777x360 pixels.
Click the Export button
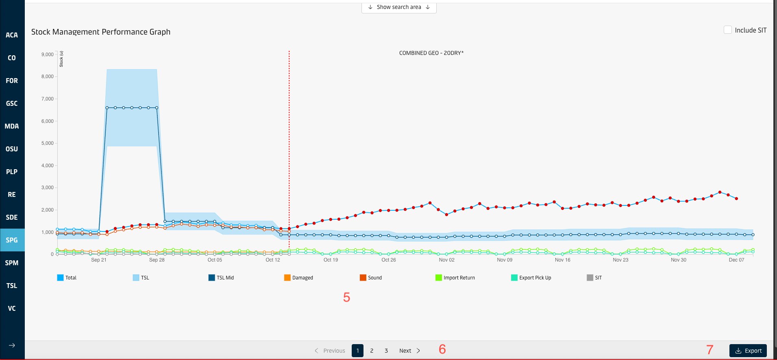coord(748,351)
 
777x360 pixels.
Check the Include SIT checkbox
coord(728,30)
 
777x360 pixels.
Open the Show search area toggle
coord(399,7)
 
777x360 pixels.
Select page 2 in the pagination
coord(372,351)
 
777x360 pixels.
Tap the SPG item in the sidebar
coord(12,240)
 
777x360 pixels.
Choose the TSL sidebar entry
coord(12,286)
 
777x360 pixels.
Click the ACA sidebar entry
coord(12,35)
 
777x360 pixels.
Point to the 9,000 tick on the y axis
coord(48,55)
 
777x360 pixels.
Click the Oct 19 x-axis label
coord(331,260)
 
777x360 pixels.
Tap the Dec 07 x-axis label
coord(736,260)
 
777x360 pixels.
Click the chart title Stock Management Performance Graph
coord(101,32)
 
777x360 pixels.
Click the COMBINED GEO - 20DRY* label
coord(431,53)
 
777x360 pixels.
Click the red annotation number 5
coord(346,297)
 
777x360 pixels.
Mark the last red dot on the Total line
coord(736,199)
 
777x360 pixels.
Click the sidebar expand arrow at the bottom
coord(12,345)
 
